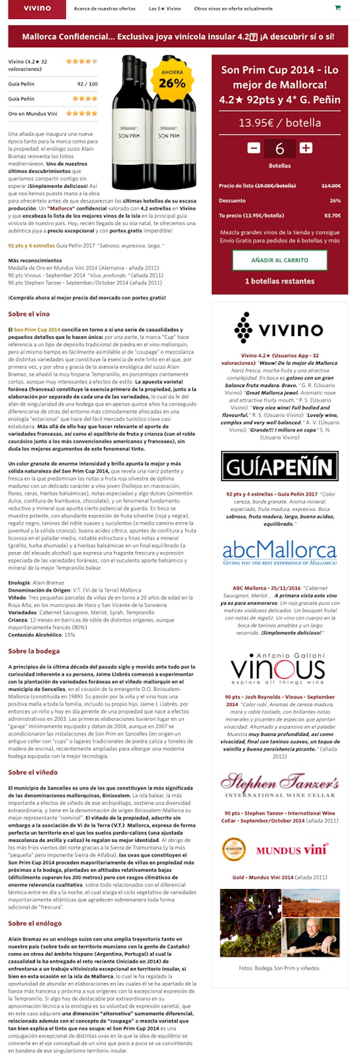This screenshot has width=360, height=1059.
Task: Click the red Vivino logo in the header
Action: tap(37, 8)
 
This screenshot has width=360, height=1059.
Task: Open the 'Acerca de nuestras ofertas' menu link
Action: tap(105, 9)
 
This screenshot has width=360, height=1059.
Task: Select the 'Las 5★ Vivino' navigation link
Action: tap(165, 9)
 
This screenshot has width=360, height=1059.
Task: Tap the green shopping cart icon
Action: tap(337, 8)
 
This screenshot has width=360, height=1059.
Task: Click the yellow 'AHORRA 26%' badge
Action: tap(172, 79)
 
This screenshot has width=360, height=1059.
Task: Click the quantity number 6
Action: tap(280, 149)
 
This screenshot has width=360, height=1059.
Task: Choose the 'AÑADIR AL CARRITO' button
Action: tap(280, 261)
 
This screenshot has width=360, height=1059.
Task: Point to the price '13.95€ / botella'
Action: tap(280, 123)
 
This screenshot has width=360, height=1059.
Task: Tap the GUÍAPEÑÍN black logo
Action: tap(280, 466)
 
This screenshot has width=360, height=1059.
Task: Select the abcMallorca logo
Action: tap(280, 552)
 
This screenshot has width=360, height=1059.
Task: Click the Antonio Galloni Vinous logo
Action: tap(280, 668)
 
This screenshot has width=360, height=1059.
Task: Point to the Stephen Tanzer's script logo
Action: tap(280, 785)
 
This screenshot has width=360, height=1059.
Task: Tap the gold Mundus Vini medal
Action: tap(233, 850)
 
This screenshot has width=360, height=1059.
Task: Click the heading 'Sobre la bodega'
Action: tap(34, 651)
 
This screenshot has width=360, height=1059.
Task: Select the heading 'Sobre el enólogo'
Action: tap(35, 923)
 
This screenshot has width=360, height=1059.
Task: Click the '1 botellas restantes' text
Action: tap(280, 281)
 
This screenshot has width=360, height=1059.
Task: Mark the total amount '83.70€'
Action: tap(332, 216)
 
